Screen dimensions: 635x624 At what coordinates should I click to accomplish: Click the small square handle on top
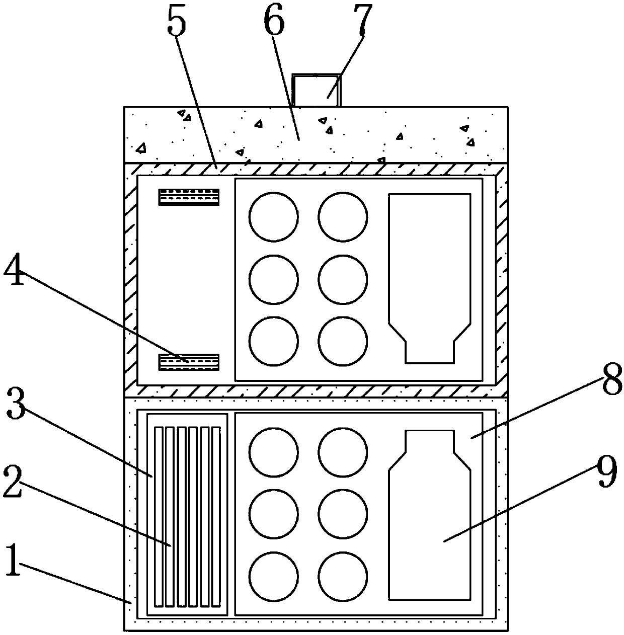coord(316,90)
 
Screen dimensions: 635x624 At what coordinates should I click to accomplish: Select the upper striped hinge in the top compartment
coord(189,197)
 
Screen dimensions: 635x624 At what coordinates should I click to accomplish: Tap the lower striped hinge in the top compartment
coord(189,362)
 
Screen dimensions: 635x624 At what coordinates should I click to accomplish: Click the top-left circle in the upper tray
coord(273,216)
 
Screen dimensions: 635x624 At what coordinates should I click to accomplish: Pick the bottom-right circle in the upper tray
coord(342,342)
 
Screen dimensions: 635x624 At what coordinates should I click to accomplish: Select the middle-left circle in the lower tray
coord(273,514)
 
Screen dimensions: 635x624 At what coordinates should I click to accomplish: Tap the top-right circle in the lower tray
coord(342,452)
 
